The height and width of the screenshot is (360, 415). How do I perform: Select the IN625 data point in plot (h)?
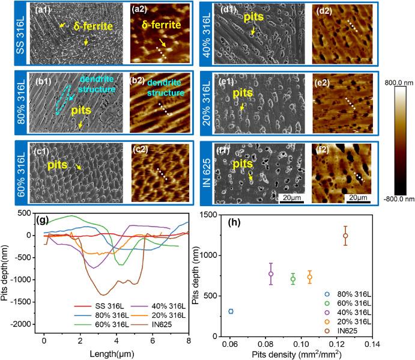pyautogui.click(x=345, y=236)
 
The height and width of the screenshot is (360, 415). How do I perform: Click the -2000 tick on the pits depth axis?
pyautogui.click(x=25, y=324)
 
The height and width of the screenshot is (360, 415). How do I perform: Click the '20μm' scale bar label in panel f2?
pyautogui.click(x=359, y=197)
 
